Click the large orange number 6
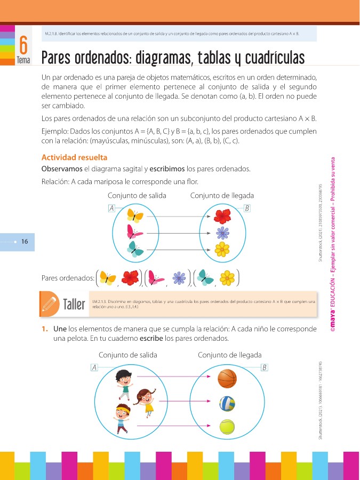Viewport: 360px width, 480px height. point(23,45)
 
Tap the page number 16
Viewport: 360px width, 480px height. point(25,242)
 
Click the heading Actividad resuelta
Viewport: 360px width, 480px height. point(74,157)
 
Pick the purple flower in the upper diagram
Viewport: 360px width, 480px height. point(222,233)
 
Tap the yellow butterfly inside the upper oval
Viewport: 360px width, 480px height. point(134,215)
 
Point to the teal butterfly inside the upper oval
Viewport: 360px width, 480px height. point(135,249)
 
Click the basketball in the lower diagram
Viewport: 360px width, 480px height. point(227,379)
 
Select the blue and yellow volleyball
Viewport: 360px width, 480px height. point(227,403)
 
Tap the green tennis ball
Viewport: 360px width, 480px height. point(227,427)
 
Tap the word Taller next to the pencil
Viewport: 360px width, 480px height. point(74,305)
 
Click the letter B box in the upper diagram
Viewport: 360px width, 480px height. point(246,208)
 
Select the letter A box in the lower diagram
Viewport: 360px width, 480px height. point(94,367)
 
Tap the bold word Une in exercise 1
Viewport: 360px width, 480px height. point(60,329)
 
